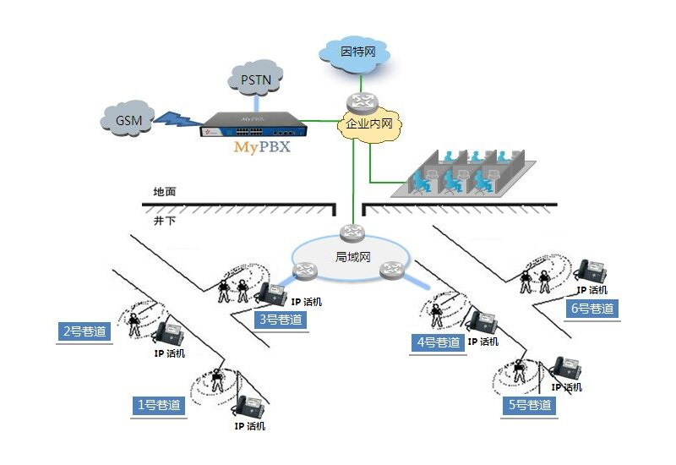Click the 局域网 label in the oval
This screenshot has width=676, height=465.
352,256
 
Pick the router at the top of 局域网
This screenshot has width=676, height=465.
352,232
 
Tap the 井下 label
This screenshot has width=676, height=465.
165,220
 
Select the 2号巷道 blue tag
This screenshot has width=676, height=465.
86,331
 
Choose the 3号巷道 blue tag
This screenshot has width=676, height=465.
279,320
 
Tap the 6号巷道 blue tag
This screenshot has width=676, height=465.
591,309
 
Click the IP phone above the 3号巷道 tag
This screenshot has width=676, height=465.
272,293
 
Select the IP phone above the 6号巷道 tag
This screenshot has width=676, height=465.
590,272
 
